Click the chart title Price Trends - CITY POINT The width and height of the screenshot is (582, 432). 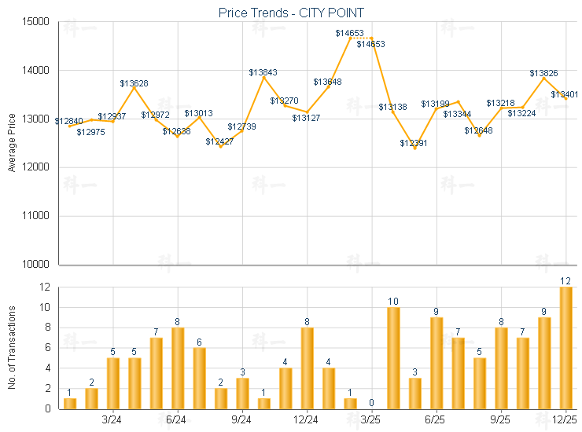(290, 13)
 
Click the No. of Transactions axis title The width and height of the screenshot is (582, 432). (11, 347)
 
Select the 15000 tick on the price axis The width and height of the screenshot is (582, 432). (36, 21)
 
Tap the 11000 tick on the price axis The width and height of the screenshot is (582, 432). (36, 216)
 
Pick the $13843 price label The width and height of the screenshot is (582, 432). (263, 72)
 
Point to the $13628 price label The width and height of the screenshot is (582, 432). (134, 82)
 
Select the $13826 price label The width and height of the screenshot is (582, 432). (543, 73)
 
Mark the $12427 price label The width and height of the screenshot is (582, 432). (219, 141)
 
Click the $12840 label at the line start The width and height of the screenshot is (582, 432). (68, 121)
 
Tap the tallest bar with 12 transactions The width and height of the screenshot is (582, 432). (565, 347)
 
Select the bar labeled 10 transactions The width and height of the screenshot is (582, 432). (393, 357)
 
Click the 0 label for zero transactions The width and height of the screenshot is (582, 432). (371, 402)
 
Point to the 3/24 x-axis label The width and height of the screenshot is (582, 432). (112, 419)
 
